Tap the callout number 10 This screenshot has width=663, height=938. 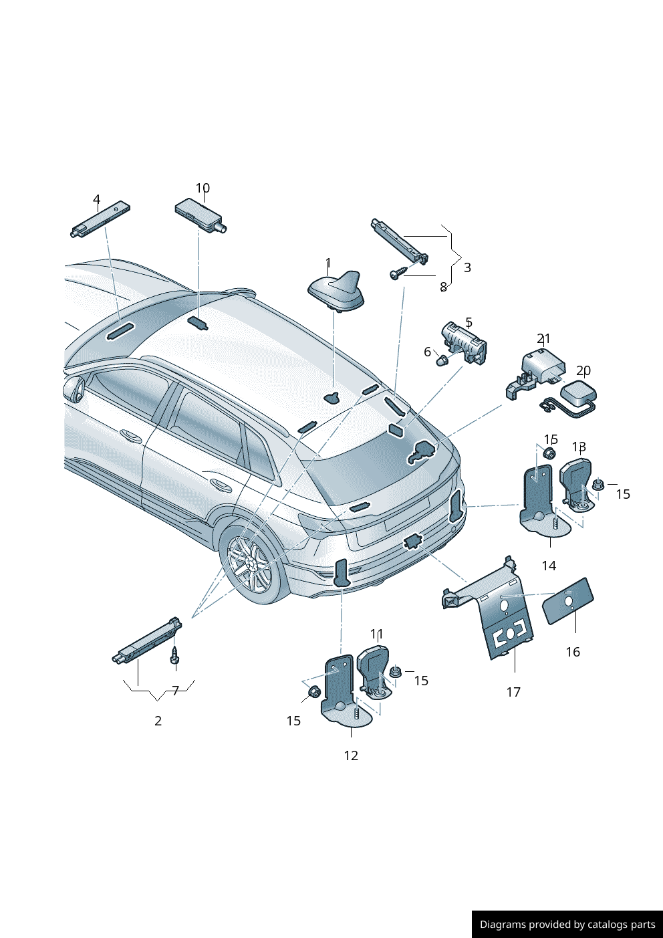click(x=203, y=189)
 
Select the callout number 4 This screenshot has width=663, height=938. click(x=96, y=199)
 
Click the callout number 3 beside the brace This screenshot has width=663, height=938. click(x=467, y=267)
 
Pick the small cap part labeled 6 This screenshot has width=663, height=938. click(x=442, y=361)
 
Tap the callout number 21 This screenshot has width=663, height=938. click(x=543, y=339)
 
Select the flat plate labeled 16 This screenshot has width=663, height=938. click(x=567, y=601)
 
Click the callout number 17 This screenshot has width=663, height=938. click(x=513, y=692)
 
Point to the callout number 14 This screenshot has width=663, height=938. click(x=549, y=566)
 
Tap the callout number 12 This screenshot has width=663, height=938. click(x=351, y=755)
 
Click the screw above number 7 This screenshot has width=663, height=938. click(x=175, y=655)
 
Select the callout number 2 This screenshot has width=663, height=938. click(x=158, y=721)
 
